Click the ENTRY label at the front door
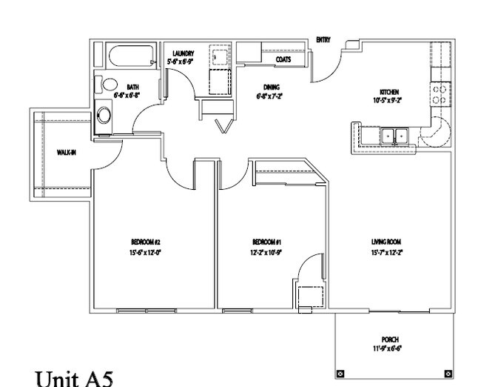323,39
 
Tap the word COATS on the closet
283,59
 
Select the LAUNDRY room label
183,54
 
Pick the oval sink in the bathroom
104,115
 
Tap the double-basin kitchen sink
394,136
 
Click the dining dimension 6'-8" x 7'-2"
270,96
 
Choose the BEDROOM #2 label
146,242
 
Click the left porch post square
340,373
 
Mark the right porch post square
447,373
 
